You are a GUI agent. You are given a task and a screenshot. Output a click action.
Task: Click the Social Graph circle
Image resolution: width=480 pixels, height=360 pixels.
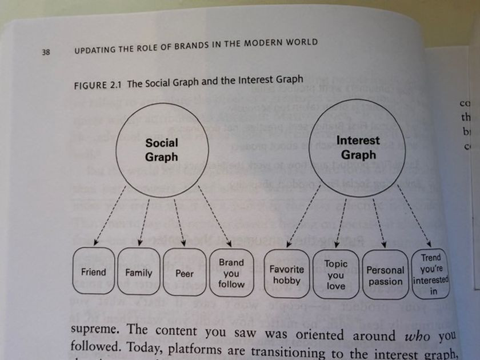click(162, 150)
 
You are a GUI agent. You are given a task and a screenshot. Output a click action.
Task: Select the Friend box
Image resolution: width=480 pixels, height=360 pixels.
click(93, 273)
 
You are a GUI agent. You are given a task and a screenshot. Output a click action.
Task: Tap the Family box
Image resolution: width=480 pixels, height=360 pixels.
click(139, 273)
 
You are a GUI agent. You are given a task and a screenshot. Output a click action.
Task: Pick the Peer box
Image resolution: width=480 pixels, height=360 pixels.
click(184, 273)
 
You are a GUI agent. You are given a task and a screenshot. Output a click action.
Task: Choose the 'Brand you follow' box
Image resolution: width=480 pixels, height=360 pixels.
click(231, 273)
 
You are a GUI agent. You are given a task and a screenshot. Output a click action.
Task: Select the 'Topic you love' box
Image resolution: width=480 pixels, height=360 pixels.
click(336, 275)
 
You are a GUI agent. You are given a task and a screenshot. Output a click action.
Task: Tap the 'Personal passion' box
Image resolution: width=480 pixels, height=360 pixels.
click(385, 275)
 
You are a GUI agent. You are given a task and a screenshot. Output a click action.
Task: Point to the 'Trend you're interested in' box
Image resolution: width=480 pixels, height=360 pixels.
click(431, 275)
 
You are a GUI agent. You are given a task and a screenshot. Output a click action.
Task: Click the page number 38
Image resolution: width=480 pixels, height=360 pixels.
click(46, 52)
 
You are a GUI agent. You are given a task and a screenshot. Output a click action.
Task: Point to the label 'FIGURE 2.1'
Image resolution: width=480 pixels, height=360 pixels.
click(98, 85)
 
